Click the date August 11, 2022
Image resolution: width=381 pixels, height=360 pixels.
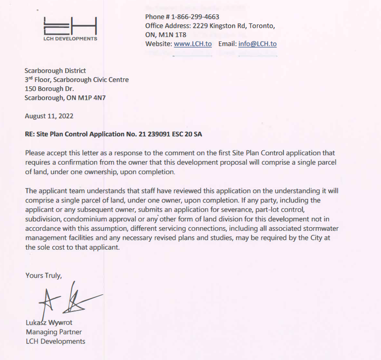click(49, 116)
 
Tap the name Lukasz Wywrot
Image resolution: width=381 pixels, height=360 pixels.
click(49, 322)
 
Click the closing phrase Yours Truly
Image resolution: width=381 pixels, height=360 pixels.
click(44, 275)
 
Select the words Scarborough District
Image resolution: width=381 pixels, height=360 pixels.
click(55, 71)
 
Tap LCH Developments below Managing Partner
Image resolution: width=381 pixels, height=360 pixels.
click(55, 341)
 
